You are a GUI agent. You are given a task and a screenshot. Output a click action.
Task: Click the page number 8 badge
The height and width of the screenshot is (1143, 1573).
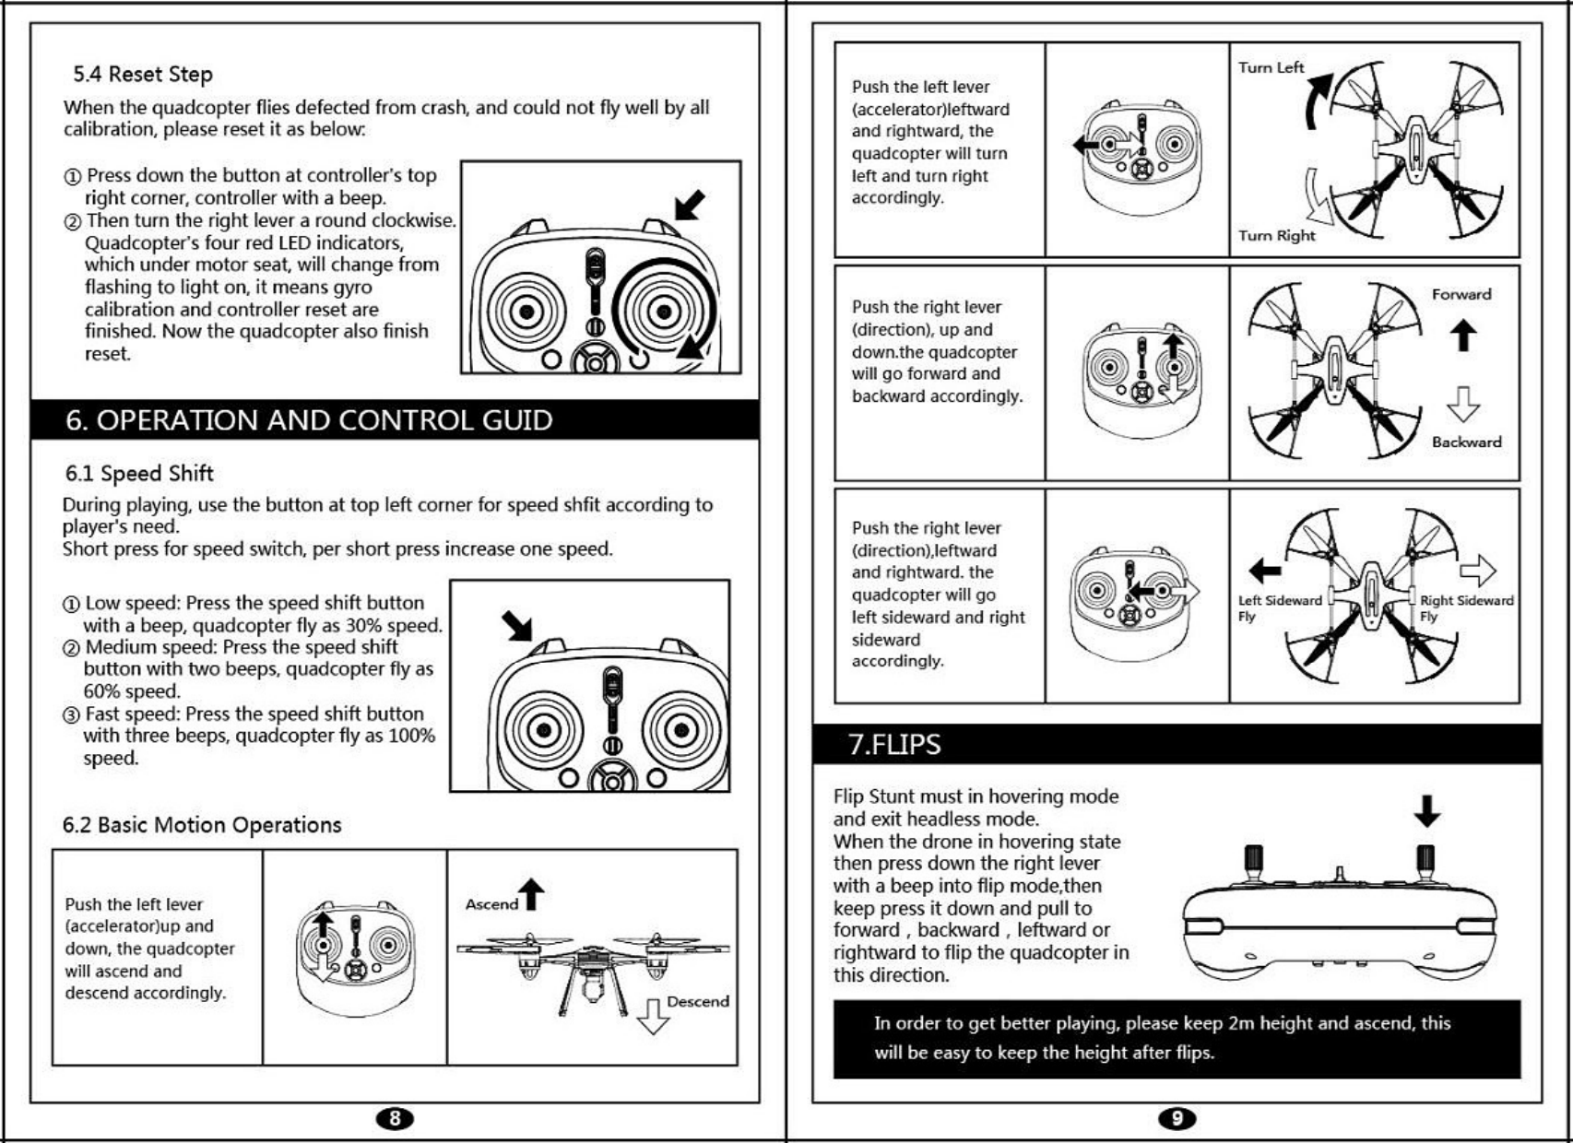395,1118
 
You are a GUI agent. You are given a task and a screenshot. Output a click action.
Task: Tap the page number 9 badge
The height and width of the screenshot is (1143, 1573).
1177,1118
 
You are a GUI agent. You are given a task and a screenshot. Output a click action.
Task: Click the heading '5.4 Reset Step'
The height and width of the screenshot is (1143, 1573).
143,74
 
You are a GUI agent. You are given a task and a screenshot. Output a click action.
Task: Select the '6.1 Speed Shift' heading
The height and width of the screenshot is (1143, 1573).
139,474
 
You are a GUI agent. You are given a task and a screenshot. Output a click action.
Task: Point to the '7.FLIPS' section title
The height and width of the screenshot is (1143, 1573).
894,744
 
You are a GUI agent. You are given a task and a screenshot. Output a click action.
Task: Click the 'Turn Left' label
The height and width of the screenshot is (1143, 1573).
1271,67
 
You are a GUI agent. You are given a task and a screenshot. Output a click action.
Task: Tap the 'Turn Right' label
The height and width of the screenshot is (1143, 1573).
1276,235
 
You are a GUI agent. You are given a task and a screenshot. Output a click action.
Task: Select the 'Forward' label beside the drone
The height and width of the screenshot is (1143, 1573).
1461,294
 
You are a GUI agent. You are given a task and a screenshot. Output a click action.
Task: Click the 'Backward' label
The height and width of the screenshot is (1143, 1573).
1466,442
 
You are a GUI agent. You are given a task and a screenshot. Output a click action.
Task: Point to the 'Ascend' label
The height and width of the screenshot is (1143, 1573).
491,904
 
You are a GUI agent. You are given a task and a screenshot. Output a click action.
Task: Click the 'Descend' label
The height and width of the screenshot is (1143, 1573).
697,1001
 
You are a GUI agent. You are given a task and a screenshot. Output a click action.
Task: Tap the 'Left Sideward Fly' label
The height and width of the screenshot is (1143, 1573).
1279,607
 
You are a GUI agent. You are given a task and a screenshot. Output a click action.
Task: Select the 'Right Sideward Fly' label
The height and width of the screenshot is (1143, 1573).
1466,607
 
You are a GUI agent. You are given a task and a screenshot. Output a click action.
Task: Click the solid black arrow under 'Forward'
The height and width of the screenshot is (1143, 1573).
1462,335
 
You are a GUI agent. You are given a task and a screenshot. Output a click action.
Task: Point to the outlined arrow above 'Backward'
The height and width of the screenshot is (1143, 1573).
1462,404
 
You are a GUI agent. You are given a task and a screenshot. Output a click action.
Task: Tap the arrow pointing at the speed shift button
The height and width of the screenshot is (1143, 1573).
517,626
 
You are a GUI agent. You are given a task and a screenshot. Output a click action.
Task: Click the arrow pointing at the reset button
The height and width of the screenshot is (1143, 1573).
689,205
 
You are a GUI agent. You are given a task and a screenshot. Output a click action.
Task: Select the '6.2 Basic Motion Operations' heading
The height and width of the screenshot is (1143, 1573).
202,825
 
